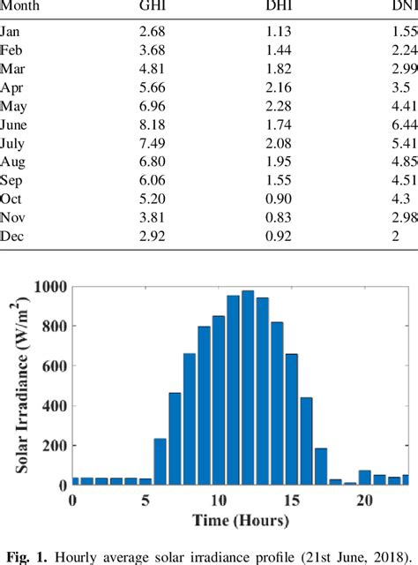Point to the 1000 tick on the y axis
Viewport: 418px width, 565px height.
tap(49, 287)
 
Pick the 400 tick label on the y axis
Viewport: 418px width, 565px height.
tap(53, 406)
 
